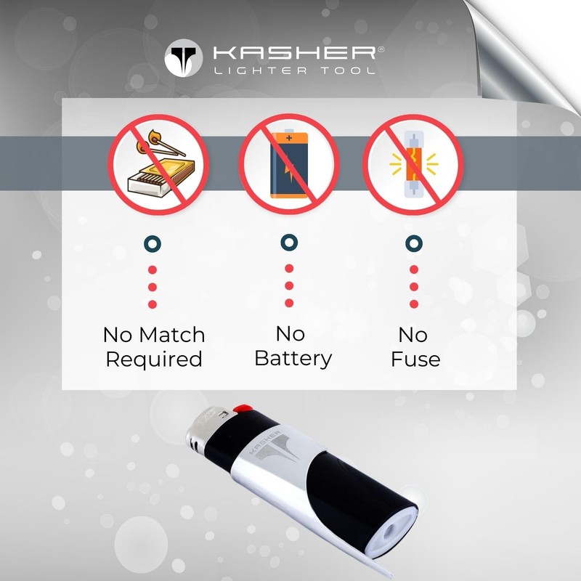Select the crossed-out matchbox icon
point(158,164)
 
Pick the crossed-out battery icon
point(289,164)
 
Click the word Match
point(172,335)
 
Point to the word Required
point(154,359)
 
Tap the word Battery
point(293,358)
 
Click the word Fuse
point(415,359)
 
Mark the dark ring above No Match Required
point(153,243)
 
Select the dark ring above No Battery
point(289,243)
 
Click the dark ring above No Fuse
point(414,243)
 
